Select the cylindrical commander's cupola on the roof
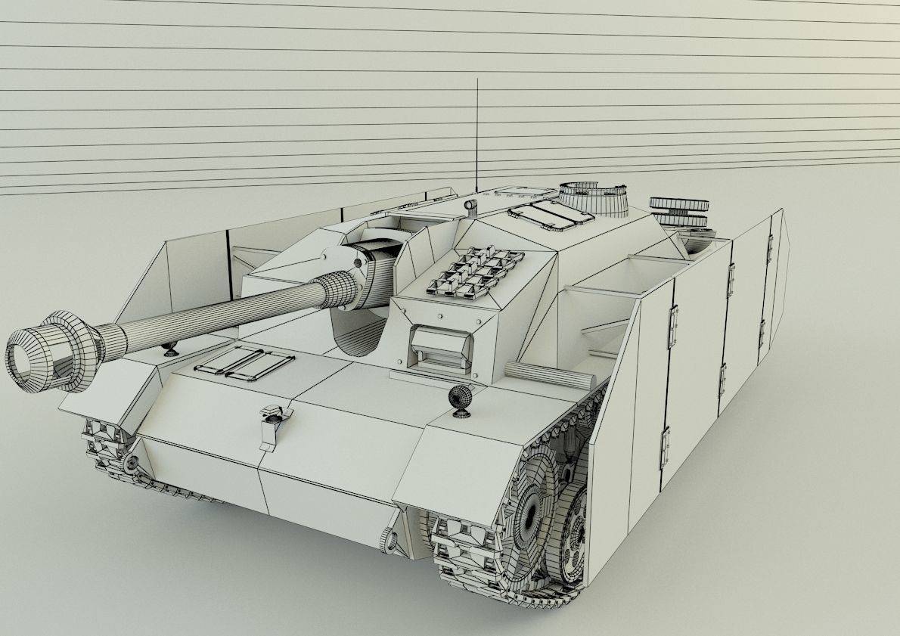point(595,198)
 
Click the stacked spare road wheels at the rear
point(678,212)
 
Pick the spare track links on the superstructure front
point(476,271)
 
